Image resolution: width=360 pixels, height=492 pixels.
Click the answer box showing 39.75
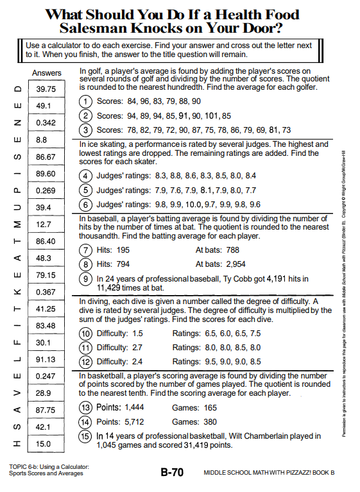coord(46,89)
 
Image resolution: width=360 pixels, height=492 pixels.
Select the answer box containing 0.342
coord(46,123)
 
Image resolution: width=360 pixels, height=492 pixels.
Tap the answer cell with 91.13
coord(46,359)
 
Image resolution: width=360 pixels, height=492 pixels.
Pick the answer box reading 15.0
coord(46,444)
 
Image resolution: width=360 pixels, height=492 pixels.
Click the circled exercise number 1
coord(85,101)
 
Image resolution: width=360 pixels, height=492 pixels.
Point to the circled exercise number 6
coord(85,205)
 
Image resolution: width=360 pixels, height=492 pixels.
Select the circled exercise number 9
coord(85,278)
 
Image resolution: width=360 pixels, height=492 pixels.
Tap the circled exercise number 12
coord(85,362)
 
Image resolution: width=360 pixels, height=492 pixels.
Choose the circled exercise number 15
coord(85,436)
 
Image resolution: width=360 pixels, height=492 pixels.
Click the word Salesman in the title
coord(93,28)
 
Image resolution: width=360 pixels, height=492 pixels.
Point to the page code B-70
coord(172,472)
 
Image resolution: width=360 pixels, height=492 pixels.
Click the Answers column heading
coord(46,73)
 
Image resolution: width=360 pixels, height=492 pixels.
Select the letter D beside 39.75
coord(17,89)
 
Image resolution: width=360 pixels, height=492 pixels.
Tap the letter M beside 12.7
coord(17,225)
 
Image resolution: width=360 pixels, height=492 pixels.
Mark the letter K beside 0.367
coord(17,292)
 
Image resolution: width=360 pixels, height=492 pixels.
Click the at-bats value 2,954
coord(236,264)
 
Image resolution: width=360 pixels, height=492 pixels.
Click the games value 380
coord(210,421)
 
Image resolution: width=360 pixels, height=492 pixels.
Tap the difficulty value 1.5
coord(137,333)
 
